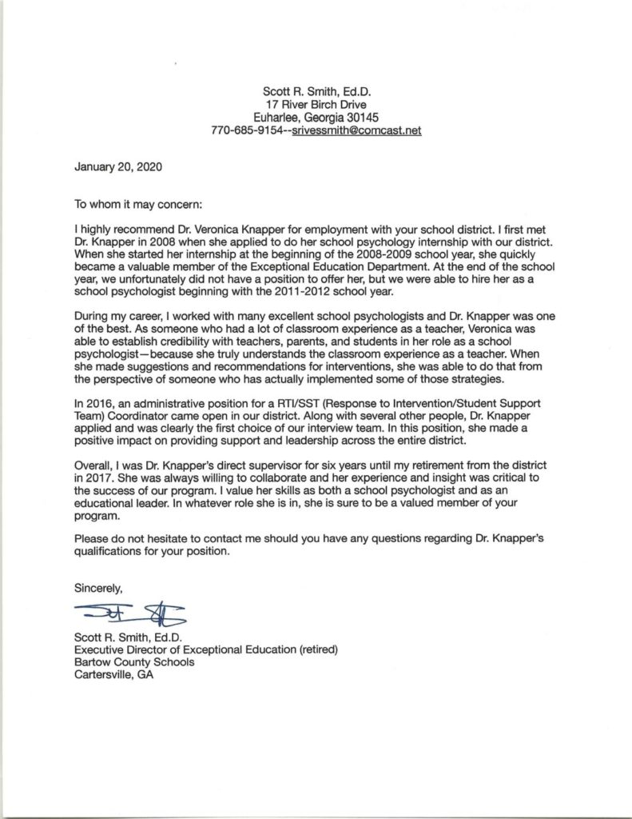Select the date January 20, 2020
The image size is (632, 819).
(117, 169)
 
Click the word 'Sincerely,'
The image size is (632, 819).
(98, 588)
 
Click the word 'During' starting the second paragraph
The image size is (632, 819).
(92, 314)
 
